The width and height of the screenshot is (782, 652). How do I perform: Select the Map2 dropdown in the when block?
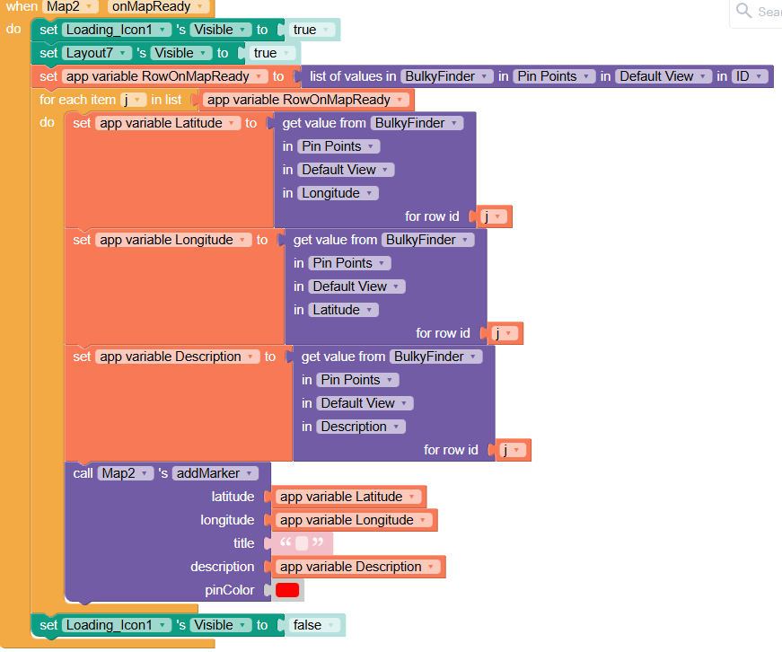point(70,6)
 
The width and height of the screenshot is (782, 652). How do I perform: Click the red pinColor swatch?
point(287,590)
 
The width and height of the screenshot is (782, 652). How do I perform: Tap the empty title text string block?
point(302,543)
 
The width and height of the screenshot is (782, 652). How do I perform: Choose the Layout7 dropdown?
point(97,53)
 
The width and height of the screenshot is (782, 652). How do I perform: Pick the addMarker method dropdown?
point(215,473)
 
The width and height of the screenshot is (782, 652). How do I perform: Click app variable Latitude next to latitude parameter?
point(348,497)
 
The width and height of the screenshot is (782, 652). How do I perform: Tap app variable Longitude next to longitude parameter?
point(354,520)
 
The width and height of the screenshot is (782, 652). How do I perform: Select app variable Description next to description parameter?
point(358,567)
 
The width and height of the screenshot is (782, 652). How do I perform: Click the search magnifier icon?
point(743,11)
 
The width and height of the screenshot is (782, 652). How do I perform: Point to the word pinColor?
point(230,590)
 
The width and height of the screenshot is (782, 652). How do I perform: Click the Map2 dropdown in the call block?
point(126,473)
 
